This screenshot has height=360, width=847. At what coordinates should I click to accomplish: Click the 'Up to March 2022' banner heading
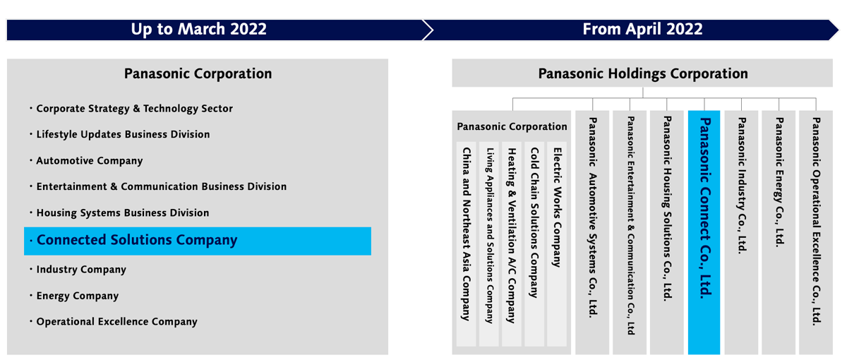coord(198,30)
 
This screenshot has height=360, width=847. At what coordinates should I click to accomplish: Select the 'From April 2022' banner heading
coord(642,30)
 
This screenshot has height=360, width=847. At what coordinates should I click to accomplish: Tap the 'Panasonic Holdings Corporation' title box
coord(642,73)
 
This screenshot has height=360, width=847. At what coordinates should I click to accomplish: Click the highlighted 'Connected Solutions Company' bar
coord(198,241)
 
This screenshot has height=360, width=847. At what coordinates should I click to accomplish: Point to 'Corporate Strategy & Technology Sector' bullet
coord(134,109)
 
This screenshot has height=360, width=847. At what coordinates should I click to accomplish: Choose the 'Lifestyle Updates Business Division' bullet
coord(123,135)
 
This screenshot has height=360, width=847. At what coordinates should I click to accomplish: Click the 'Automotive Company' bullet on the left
coord(89,161)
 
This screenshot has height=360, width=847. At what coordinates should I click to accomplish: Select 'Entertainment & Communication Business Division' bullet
coord(161,187)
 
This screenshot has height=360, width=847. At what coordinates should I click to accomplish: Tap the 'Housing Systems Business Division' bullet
coord(123,213)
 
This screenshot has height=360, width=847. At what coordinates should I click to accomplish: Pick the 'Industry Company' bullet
coord(81,270)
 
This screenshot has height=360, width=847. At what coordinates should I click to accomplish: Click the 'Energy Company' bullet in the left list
coord(78,296)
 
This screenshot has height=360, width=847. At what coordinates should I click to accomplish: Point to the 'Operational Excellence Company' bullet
coord(116,322)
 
